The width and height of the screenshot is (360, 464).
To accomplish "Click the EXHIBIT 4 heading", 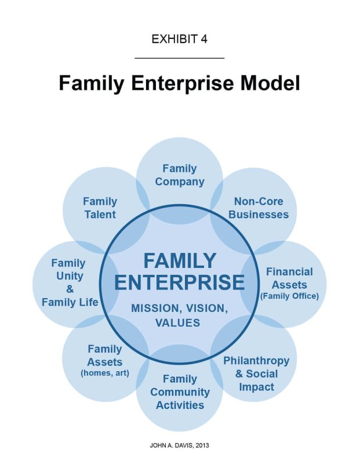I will point(179,39).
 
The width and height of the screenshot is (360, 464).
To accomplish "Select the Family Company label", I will point(180,175).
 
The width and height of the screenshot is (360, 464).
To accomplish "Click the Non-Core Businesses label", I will point(258,208).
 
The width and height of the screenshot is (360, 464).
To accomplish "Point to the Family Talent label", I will point(100,208).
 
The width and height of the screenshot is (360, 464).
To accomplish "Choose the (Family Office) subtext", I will point(289,296).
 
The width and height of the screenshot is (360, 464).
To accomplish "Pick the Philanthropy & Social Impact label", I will point(256,374).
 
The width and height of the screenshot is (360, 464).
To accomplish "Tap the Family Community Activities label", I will point(180,392).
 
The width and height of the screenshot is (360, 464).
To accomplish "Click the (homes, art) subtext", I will point(105,373).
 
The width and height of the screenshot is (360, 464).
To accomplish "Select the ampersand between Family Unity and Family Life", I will point(70,289).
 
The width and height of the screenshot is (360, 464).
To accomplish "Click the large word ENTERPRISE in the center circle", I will point(179,282).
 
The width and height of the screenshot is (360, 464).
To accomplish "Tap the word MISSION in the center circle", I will point(152,308).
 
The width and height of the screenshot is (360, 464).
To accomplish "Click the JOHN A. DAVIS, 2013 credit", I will point(179,446).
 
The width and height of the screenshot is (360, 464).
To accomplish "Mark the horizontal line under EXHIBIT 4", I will point(179,58).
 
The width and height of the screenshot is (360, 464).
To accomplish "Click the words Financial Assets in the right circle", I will point(289,278).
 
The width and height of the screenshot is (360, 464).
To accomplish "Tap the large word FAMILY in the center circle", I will point(179,260).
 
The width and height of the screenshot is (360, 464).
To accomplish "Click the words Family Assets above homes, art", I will point(105,356).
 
